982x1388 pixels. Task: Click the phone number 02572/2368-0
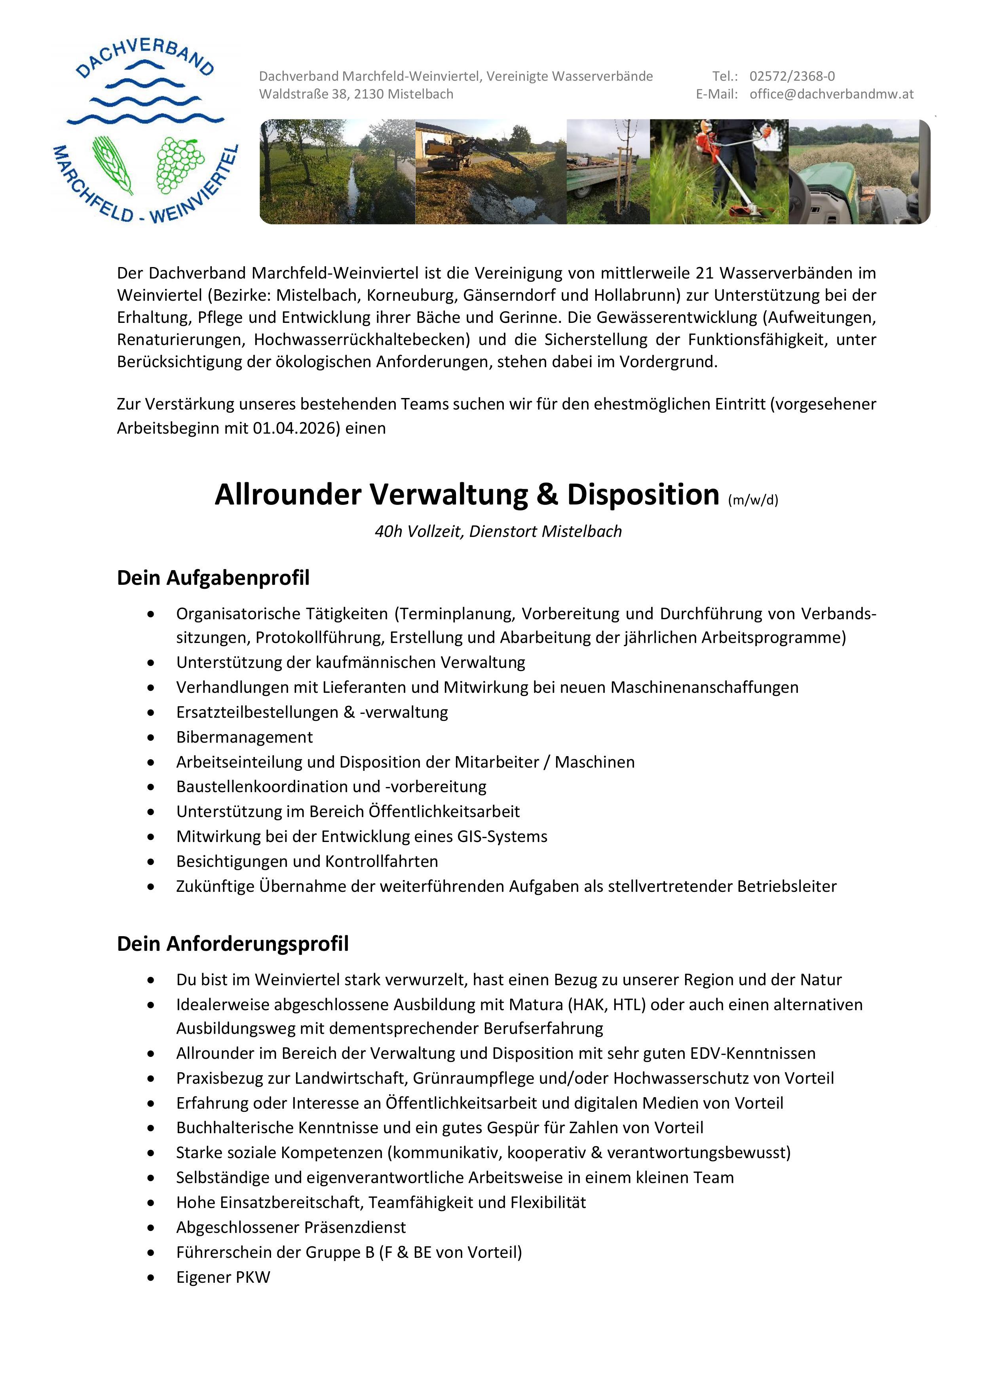[792, 76]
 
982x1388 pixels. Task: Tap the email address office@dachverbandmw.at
[832, 94]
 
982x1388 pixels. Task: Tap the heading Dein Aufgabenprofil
[213, 578]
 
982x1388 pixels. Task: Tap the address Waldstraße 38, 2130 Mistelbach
[356, 94]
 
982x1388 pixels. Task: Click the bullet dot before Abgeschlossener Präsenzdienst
[150, 1228]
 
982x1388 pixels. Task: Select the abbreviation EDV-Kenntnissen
[753, 1054]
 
